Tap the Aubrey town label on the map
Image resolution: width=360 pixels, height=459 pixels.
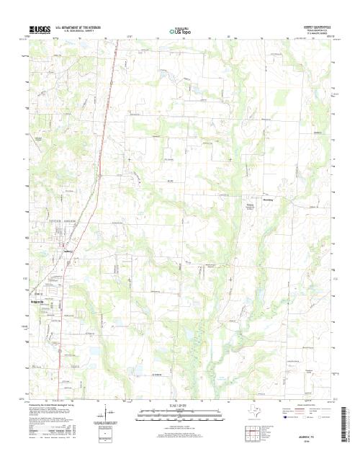(69, 251)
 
